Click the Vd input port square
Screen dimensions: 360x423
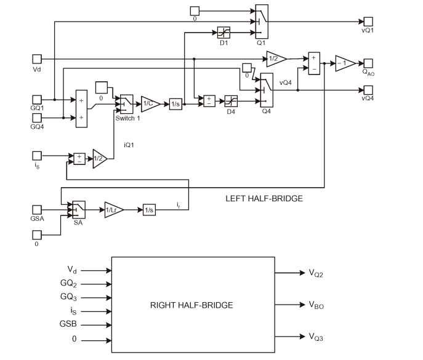pyautogui.click(x=37, y=58)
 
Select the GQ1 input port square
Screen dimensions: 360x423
pyautogui.click(x=37, y=99)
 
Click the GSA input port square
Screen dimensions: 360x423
pyautogui.click(x=37, y=209)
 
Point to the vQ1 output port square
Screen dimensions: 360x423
pyautogui.click(x=368, y=21)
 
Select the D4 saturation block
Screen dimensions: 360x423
pyautogui.click(x=231, y=100)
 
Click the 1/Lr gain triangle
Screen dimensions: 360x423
pyautogui.click(x=113, y=210)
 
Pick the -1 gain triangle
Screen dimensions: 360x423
pyautogui.click(x=342, y=63)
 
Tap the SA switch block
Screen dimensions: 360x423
pyautogui.click(x=78, y=210)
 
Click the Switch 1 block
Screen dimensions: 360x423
pyautogui.click(x=126, y=104)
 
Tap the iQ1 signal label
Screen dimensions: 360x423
pyautogui.click(x=129, y=145)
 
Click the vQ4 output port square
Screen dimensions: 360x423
pyautogui.click(x=368, y=90)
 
